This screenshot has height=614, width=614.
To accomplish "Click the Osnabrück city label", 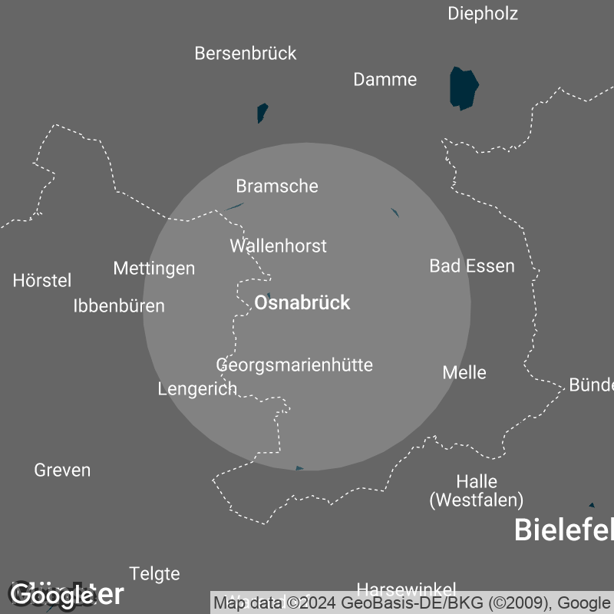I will pyautogui.click(x=302, y=302).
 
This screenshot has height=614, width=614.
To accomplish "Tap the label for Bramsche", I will pyautogui.click(x=277, y=186).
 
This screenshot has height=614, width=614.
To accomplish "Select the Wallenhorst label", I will pyautogui.click(x=278, y=246).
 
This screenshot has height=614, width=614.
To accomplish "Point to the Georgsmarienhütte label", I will pyautogui.click(x=294, y=365).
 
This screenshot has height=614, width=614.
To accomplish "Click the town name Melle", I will pyautogui.click(x=464, y=372).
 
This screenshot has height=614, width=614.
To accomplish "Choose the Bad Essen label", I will pyautogui.click(x=472, y=266).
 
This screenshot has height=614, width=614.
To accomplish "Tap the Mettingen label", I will pyautogui.click(x=154, y=268).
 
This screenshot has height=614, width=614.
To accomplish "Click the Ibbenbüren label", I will pyautogui.click(x=119, y=305).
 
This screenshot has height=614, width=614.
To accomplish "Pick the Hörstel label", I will pyautogui.click(x=42, y=280).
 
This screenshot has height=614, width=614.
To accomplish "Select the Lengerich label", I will pyautogui.click(x=197, y=388).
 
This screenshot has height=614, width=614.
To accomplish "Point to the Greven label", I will pyautogui.click(x=62, y=470).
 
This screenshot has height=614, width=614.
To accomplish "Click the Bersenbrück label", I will pyautogui.click(x=246, y=53).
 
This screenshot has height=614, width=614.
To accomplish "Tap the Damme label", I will pyautogui.click(x=385, y=79).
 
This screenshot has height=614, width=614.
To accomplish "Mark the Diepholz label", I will pyautogui.click(x=483, y=13).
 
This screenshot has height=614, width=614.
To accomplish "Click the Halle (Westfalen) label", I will pyautogui.click(x=477, y=491).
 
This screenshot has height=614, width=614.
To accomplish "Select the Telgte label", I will pyautogui.click(x=154, y=573).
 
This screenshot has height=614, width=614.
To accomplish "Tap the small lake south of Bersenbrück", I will pyautogui.click(x=262, y=112).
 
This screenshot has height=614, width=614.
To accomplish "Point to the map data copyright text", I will pyautogui.click(x=411, y=602).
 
